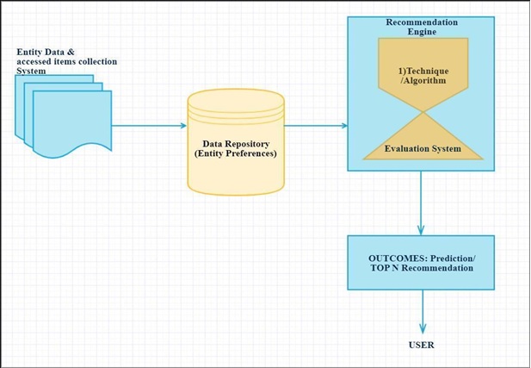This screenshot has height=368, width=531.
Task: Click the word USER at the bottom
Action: point(422,346)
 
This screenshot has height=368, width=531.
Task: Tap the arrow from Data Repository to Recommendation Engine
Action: point(315,126)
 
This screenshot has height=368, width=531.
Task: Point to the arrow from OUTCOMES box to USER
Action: point(422,310)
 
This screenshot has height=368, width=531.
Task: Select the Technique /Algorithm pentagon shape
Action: point(422,73)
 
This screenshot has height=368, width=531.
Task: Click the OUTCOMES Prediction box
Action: point(421,263)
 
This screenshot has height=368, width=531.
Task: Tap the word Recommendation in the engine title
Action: point(422,22)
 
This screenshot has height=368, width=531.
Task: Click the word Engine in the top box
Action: point(422,31)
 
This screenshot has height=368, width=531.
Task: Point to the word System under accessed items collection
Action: point(32,72)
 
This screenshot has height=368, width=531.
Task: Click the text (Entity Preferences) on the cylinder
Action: point(235,153)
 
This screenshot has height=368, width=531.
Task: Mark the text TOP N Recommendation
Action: point(422,268)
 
